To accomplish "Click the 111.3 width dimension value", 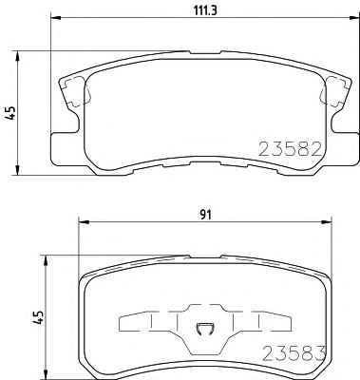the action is (x=205, y=11).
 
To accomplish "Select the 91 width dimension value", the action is (x=205, y=215).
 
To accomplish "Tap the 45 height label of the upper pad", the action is (x=11, y=113).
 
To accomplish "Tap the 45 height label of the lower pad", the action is (x=39, y=317).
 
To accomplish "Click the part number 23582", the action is (x=291, y=149).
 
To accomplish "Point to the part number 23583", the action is (x=294, y=353).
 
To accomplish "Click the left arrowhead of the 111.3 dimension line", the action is (x=55, y=18).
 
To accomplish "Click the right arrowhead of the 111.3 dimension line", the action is (x=355, y=18).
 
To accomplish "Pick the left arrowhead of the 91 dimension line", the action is (x=83, y=222).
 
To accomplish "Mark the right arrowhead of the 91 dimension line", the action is (x=327, y=222).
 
